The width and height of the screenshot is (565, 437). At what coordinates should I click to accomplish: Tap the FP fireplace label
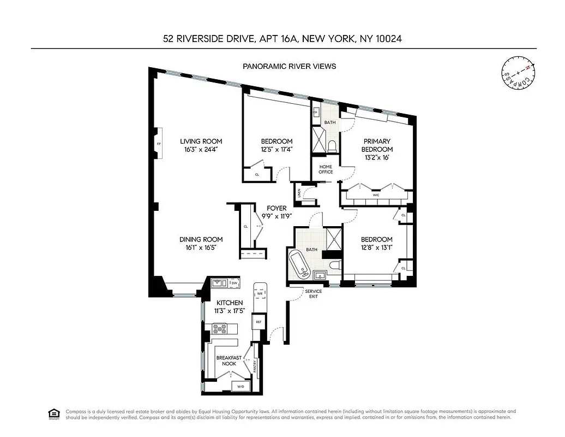pyautogui.click(x=159, y=144)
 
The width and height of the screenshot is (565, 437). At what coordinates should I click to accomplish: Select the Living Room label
pyautogui.click(x=201, y=141)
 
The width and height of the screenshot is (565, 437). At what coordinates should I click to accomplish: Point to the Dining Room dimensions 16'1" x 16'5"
pyautogui.click(x=201, y=247)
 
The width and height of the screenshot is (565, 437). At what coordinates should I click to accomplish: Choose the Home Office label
pyautogui.click(x=326, y=169)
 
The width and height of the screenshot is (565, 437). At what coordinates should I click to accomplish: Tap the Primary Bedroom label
pyautogui.click(x=378, y=145)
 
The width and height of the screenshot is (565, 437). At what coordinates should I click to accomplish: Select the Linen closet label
pyautogui.click(x=299, y=193)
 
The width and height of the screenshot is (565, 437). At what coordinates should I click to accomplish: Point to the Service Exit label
pyautogui.click(x=313, y=293)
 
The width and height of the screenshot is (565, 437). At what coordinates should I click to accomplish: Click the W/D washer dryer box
pyautogui.click(x=241, y=387)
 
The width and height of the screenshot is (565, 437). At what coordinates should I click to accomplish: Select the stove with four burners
pyautogui.click(x=220, y=329)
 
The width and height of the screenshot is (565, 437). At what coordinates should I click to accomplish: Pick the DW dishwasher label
pyautogui.click(x=234, y=283)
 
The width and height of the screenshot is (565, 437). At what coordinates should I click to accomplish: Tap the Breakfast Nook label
pyautogui.click(x=229, y=361)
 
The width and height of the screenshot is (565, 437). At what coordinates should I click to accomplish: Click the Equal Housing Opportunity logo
pyautogui.click(x=54, y=414)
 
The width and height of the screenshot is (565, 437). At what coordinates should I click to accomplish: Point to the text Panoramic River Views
pyautogui.click(x=289, y=66)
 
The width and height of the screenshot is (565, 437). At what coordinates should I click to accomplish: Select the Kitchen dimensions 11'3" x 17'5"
pyautogui.click(x=230, y=310)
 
